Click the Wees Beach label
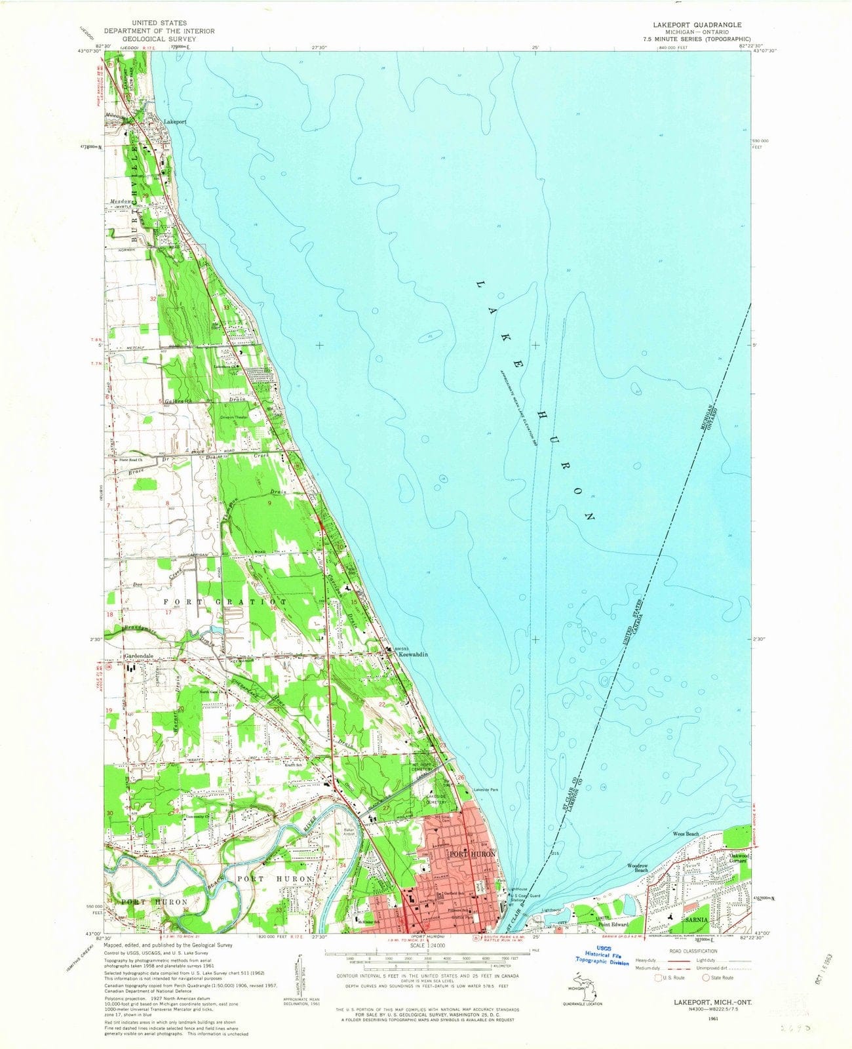[686, 834]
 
